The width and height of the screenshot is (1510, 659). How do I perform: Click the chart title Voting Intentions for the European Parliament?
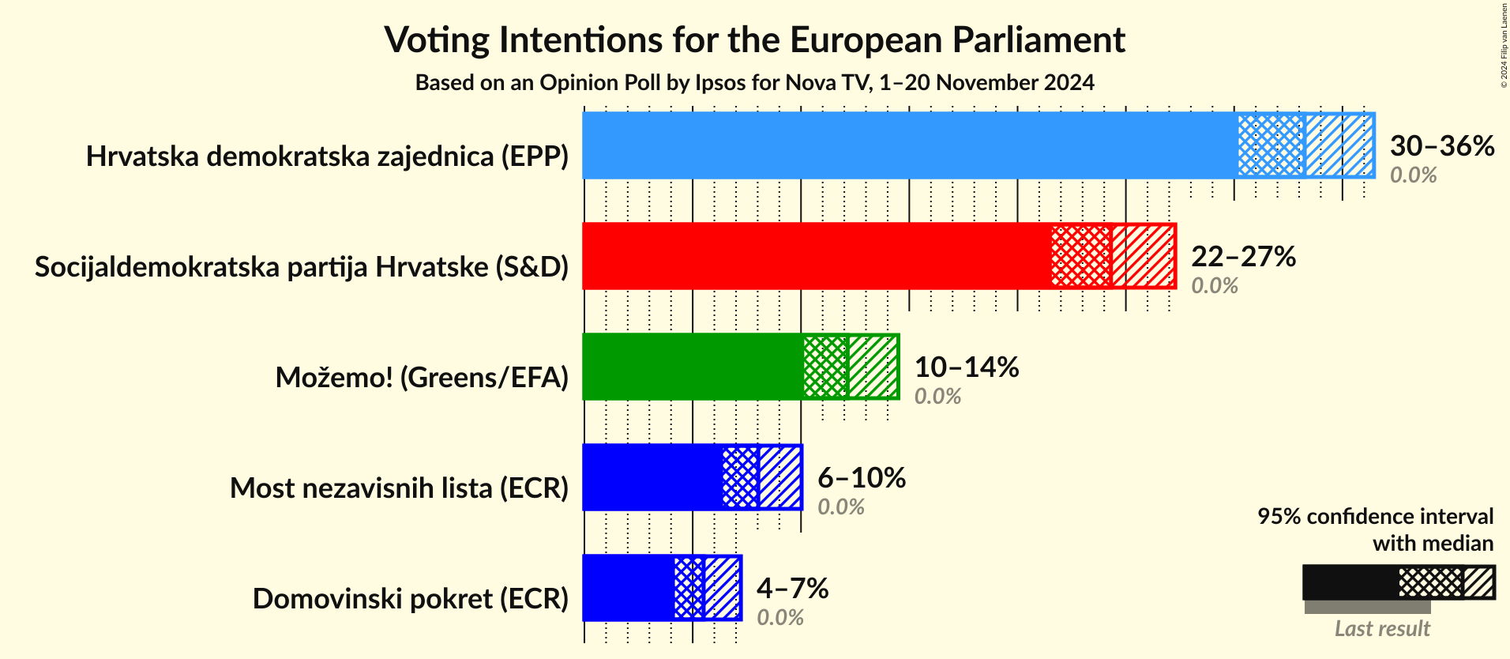[x=754, y=40]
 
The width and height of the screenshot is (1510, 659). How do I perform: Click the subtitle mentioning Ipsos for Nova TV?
[x=754, y=83]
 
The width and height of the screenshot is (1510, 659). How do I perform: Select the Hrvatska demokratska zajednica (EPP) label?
[x=327, y=156]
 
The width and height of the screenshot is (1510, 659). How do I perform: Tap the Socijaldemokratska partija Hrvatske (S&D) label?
[x=302, y=267]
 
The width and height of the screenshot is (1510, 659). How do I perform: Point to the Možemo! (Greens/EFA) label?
[x=422, y=378]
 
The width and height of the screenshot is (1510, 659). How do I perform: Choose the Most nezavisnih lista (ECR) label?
[x=399, y=488]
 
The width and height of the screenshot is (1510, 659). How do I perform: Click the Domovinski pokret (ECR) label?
[x=410, y=599]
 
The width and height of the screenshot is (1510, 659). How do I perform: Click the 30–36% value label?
[x=1441, y=145]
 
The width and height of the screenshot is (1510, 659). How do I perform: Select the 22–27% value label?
[x=1243, y=256]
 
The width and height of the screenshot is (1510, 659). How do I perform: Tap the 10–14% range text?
[x=966, y=367]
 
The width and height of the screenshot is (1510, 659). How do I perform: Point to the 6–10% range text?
[x=861, y=477]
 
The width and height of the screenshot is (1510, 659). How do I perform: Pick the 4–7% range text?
[x=792, y=588]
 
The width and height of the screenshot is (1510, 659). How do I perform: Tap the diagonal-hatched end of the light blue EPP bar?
[x=1339, y=145]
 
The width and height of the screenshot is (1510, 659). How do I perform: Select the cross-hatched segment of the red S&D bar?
[x=1081, y=256]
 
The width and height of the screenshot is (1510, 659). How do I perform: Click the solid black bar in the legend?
[x=1350, y=582]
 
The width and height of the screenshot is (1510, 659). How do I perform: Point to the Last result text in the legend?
[x=1382, y=629]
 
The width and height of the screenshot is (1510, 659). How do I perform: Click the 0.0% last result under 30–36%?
[x=1413, y=175]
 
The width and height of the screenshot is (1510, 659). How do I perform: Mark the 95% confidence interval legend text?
[x=1375, y=517]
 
